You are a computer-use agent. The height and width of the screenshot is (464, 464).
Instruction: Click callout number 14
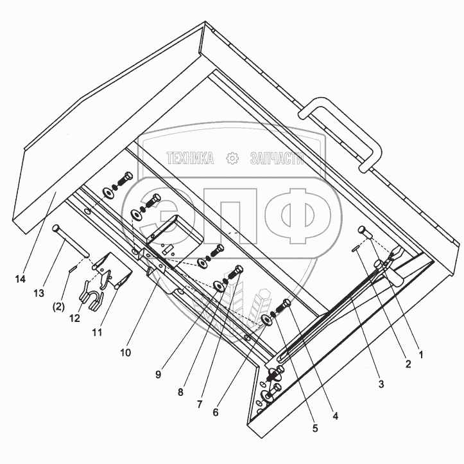[x=21, y=279]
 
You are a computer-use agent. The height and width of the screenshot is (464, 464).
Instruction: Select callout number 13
[x=39, y=293]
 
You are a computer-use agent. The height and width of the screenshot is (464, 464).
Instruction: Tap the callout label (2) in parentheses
[x=58, y=307]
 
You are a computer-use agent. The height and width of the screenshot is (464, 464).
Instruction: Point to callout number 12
[x=75, y=318]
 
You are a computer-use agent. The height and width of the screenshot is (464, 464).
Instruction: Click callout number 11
[x=97, y=332]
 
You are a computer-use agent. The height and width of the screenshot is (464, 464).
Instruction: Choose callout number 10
[x=126, y=353]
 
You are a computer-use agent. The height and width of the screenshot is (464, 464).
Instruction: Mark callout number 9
[x=159, y=375]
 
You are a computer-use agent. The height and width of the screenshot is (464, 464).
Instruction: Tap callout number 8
[x=180, y=392]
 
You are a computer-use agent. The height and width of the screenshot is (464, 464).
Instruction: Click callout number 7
[x=200, y=404]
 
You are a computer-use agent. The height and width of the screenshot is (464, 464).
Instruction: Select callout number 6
[x=216, y=412]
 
